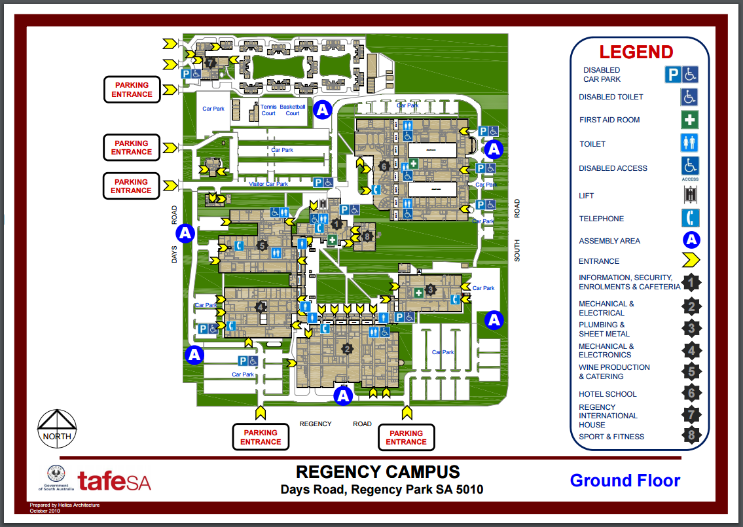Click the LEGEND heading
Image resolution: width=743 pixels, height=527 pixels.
tap(636, 52)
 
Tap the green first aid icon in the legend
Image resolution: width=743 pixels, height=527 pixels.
tap(689, 120)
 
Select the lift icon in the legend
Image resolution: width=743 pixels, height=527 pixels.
tap(689, 194)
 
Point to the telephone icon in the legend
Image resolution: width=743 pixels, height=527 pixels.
tap(690, 218)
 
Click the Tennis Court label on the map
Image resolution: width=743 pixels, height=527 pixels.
tap(268, 109)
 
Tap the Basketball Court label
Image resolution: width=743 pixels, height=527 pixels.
tap(293, 109)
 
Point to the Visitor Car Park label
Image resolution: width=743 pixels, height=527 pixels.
tap(268, 184)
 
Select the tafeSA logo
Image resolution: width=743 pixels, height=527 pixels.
tap(115, 481)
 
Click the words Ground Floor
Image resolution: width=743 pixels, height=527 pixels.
tap(625, 481)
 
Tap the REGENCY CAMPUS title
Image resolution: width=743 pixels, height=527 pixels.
tap(378, 472)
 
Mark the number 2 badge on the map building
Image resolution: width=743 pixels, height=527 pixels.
tap(347, 348)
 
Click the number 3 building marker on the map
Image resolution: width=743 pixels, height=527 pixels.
tap(430, 289)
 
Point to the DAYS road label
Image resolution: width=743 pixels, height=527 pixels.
tap(175, 255)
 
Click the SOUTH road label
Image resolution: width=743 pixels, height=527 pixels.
tap(517, 251)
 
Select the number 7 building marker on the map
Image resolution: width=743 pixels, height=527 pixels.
tap(210, 63)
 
